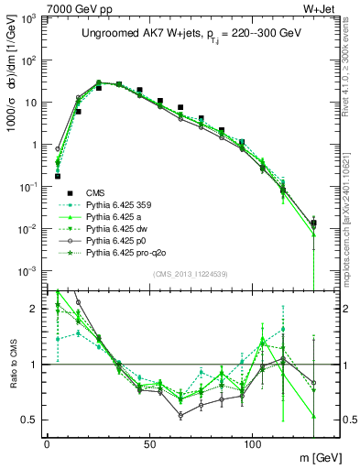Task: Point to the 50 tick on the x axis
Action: click(149, 442)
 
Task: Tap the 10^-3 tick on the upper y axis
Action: click(27, 270)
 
